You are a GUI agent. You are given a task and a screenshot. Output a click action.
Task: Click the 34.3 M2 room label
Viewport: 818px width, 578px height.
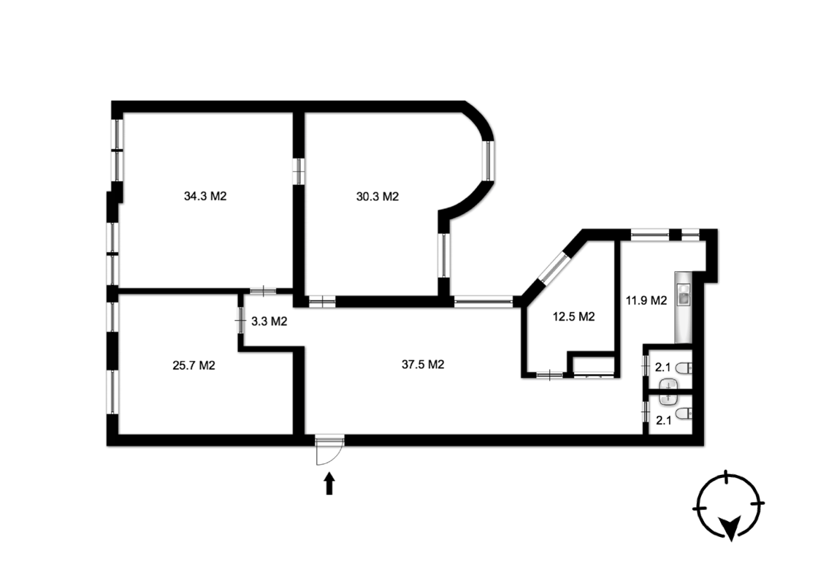click(x=205, y=197)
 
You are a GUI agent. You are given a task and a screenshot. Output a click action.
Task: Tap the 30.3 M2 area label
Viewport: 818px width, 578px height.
click(x=377, y=197)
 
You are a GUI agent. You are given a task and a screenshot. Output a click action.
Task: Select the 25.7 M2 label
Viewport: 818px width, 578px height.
click(x=194, y=365)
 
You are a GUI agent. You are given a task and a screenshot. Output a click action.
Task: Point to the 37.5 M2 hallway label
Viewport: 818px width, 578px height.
click(x=423, y=365)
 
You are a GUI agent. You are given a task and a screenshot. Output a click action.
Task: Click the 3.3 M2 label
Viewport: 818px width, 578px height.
click(x=270, y=322)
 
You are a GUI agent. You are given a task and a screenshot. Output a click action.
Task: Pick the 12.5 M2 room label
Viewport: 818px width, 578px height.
click(x=574, y=317)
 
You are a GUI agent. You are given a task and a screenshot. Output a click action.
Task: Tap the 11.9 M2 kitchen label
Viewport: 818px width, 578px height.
click(x=646, y=301)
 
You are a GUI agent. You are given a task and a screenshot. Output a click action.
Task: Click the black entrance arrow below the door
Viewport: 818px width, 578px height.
click(x=329, y=483)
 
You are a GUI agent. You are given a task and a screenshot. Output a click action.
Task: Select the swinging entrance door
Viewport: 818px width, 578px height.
click(x=329, y=451)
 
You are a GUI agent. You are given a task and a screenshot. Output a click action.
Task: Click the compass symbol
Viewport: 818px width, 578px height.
click(x=728, y=506)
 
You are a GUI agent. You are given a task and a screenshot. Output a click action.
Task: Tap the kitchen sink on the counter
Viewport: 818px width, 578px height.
click(x=683, y=294)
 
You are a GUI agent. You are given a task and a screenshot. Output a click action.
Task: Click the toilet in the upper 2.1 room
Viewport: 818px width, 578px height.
click(x=684, y=368)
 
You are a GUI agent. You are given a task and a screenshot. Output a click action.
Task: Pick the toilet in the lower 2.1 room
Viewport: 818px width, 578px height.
click(x=684, y=414)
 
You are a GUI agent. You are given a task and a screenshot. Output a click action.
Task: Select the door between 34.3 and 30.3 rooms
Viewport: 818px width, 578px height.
click(x=299, y=171)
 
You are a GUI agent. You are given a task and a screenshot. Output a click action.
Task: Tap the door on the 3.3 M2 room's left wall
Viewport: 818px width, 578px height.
click(x=240, y=321)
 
